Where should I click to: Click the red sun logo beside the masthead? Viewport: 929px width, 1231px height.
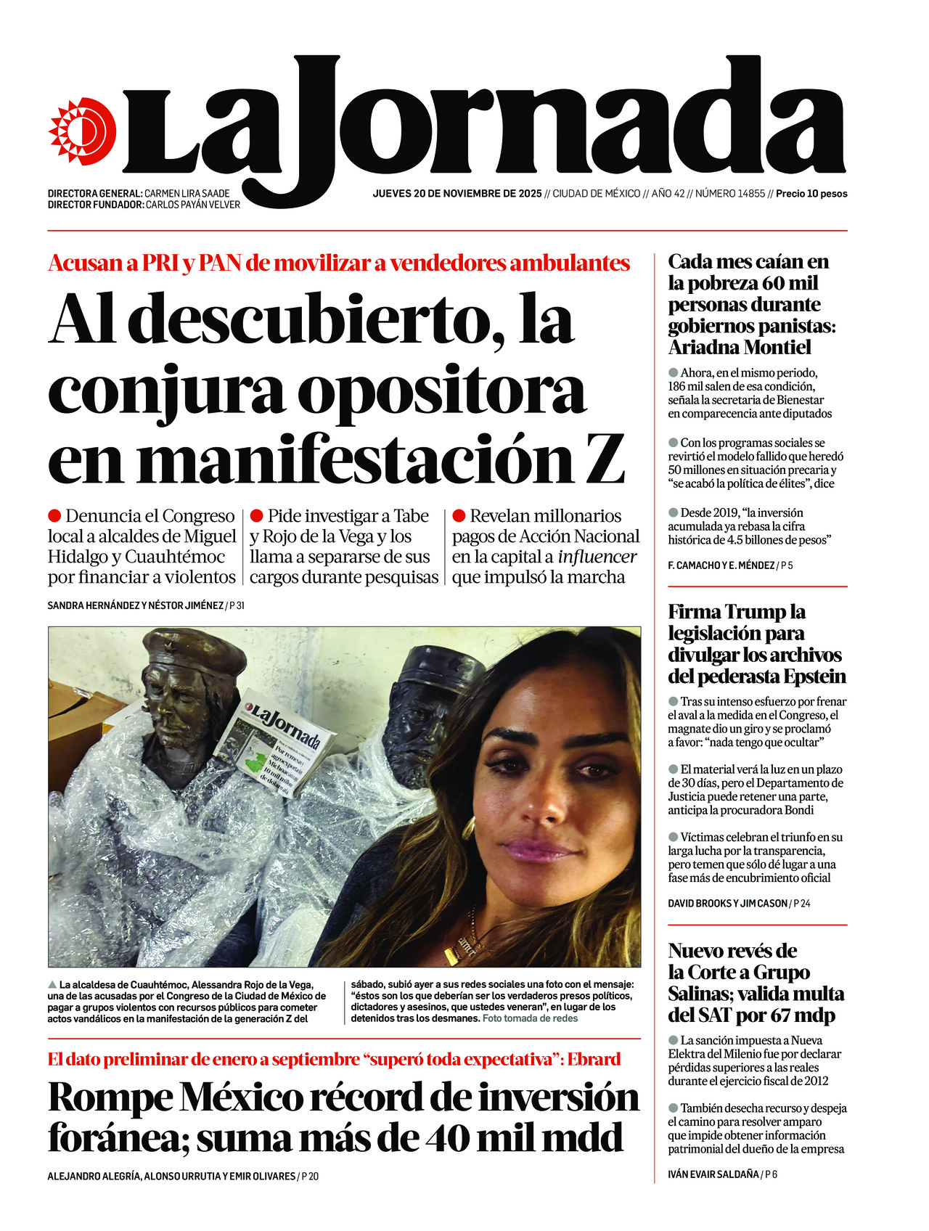pos(82,131)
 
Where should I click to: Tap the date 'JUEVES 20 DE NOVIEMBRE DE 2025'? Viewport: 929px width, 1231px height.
pos(457,194)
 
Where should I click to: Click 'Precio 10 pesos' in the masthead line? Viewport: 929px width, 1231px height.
pos(811,194)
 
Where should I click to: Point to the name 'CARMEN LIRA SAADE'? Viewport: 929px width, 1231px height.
pos(187,194)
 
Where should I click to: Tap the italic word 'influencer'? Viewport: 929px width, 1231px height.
pos(597,557)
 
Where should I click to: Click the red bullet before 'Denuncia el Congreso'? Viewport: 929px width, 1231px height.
pos(54,516)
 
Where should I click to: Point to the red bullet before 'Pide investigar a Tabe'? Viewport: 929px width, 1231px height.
pos(256,516)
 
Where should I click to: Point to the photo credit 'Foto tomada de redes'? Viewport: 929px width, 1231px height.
pos(530,1018)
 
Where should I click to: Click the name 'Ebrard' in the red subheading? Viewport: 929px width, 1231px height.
pos(594,1059)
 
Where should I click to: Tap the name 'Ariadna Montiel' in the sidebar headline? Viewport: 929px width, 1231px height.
pos(739,348)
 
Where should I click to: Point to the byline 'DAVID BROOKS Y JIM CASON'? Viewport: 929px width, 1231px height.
pos(727,904)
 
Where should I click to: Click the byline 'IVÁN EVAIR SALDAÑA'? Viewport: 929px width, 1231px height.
pos(713,1174)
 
